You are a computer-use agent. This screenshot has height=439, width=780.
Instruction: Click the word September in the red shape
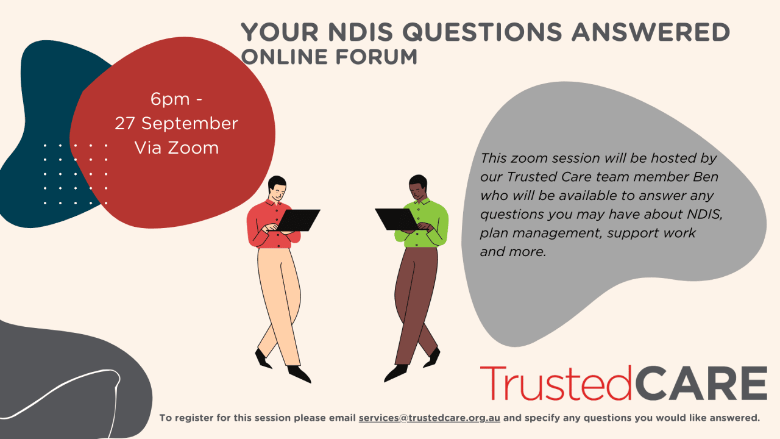[x=189, y=123]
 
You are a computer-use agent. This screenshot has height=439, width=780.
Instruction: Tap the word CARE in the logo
[x=701, y=384]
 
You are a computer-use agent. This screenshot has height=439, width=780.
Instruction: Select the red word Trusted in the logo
[x=556, y=384]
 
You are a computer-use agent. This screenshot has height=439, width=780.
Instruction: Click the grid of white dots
[x=76, y=174]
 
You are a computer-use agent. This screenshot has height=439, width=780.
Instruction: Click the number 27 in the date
[x=125, y=123]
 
